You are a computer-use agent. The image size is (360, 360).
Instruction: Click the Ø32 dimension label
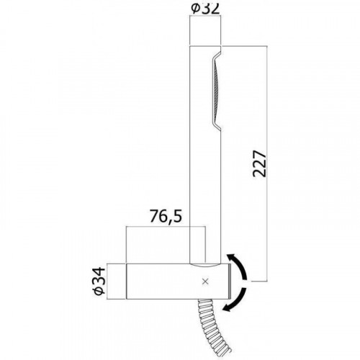pyautogui.click(x=205, y=9)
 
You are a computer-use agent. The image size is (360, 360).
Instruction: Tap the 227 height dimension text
pyautogui.click(x=259, y=163)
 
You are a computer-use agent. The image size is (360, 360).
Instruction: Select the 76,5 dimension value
pyautogui.click(x=166, y=216)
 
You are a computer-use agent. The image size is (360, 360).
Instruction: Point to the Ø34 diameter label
pyautogui.click(x=99, y=281)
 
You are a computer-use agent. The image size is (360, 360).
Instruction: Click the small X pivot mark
pyautogui.click(x=205, y=282)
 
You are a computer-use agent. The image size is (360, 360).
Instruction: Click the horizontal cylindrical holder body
pyautogui.click(x=179, y=282)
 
